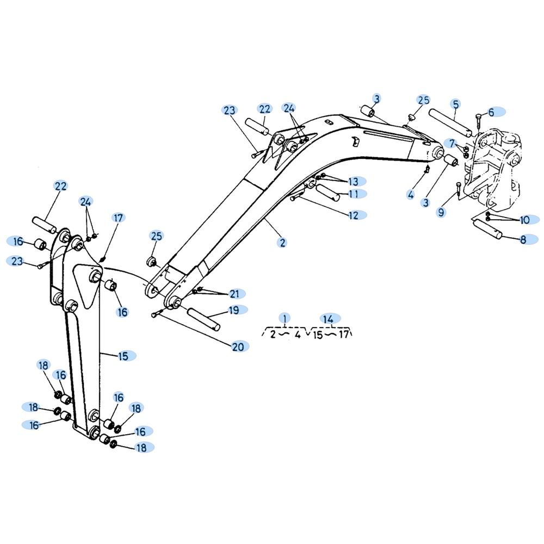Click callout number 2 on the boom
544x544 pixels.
point(283,243)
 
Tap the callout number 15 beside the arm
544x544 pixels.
point(123,356)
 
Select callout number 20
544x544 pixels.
point(238,347)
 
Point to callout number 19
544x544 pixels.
point(234,310)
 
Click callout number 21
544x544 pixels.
point(234,294)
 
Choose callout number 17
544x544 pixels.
point(118,218)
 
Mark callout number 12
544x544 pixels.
point(353,215)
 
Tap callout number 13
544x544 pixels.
point(353,182)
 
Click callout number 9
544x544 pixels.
point(441,212)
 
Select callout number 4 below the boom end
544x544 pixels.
point(410,195)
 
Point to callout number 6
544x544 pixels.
point(491,112)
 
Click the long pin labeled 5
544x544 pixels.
point(450,123)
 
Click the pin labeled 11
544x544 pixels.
point(328,193)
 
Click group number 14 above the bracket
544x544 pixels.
point(328,318)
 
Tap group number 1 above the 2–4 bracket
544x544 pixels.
point(285,318)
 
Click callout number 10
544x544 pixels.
point(524,220)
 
